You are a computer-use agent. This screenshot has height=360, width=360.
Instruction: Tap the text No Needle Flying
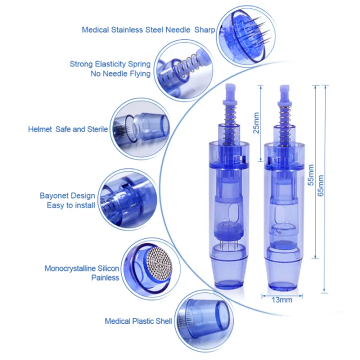coord(120,74)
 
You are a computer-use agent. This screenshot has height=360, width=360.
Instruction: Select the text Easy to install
coord(70,205)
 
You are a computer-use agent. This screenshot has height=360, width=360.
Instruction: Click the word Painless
coord(105,277)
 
